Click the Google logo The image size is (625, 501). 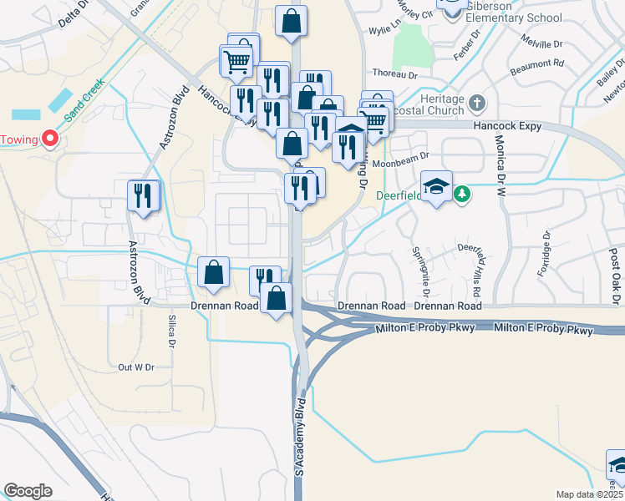coord(28,491)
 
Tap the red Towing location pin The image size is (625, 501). coord(50,139)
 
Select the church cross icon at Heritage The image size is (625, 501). coord(477,104)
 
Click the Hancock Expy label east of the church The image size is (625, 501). coord(507,127)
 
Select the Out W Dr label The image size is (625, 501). coord(136,367)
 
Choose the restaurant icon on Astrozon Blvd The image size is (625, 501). coord(143,195)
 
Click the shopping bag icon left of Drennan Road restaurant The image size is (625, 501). coord(214,271)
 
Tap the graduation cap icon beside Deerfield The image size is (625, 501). coord(436,186)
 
